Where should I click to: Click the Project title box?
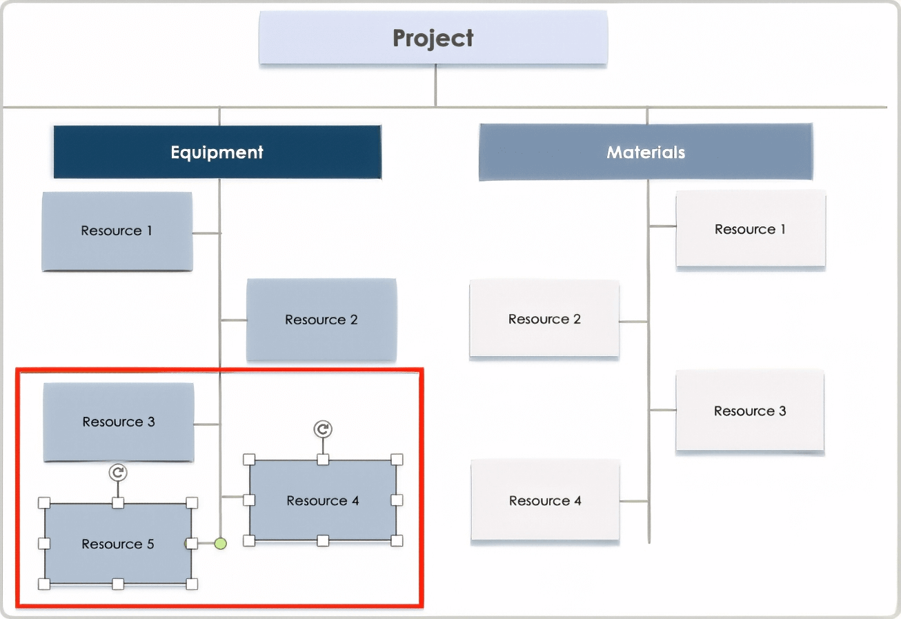point(433,38)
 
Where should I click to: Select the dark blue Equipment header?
point(217,152)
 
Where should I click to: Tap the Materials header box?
point(645,152)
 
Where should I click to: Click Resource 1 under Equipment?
point(117,231)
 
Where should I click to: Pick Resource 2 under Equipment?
point(321,320)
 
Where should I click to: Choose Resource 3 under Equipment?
point(118,422)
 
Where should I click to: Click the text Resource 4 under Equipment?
point(323,501)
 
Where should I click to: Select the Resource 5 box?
point(118,544)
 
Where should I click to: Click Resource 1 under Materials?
point(750,229)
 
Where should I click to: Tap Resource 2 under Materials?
point(544,319)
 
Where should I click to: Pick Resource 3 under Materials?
point(750,411)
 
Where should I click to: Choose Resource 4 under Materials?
point(545,501)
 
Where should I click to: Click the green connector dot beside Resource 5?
point(220,544)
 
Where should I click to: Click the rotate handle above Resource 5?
point(118,472)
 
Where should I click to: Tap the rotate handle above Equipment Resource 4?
point(322,429)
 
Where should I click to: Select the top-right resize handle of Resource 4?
point(397,460)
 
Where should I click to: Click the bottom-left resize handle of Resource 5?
point(44,584)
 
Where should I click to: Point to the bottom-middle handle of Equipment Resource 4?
point(323,541)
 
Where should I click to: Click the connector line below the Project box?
point(435,86)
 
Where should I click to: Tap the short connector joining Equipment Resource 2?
point(234,320)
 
